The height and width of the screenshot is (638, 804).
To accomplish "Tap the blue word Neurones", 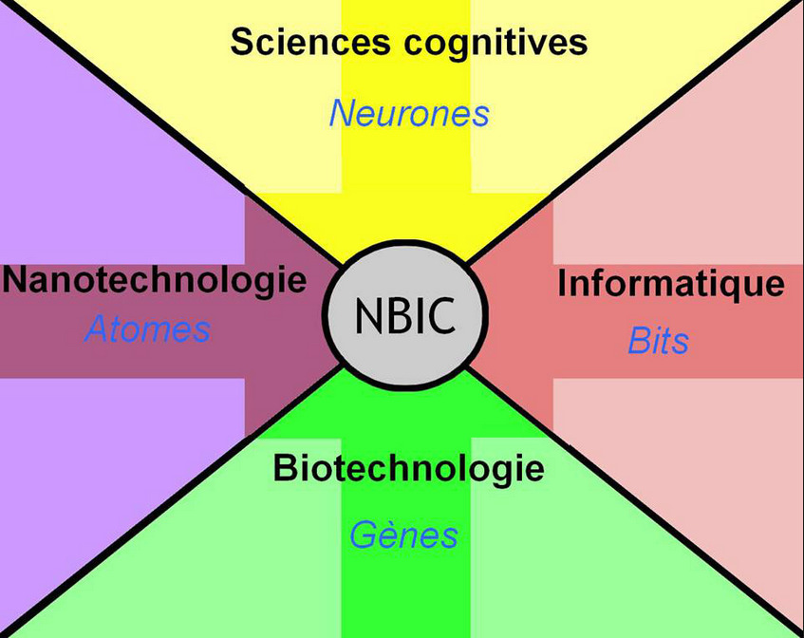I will (x=409, y=114).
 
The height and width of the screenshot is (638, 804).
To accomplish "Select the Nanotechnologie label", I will (x=155, y=280).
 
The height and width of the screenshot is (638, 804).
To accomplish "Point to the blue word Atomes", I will (x=147, y=329).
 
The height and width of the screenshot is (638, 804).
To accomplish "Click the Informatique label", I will (x=671, y=283).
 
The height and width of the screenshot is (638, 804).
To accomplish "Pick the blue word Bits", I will (x=658, y=341).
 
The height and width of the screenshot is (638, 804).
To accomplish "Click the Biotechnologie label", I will (x=409, y=468).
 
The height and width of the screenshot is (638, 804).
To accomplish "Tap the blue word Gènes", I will (x=403, y=535).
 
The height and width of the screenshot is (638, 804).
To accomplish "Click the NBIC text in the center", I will (x=406, y=314).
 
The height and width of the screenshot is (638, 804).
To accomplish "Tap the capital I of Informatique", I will (x=563, y=283).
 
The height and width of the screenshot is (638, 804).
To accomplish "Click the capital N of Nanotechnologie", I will (x=15, y=280).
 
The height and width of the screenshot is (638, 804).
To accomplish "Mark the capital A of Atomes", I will (x=97, y=329).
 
